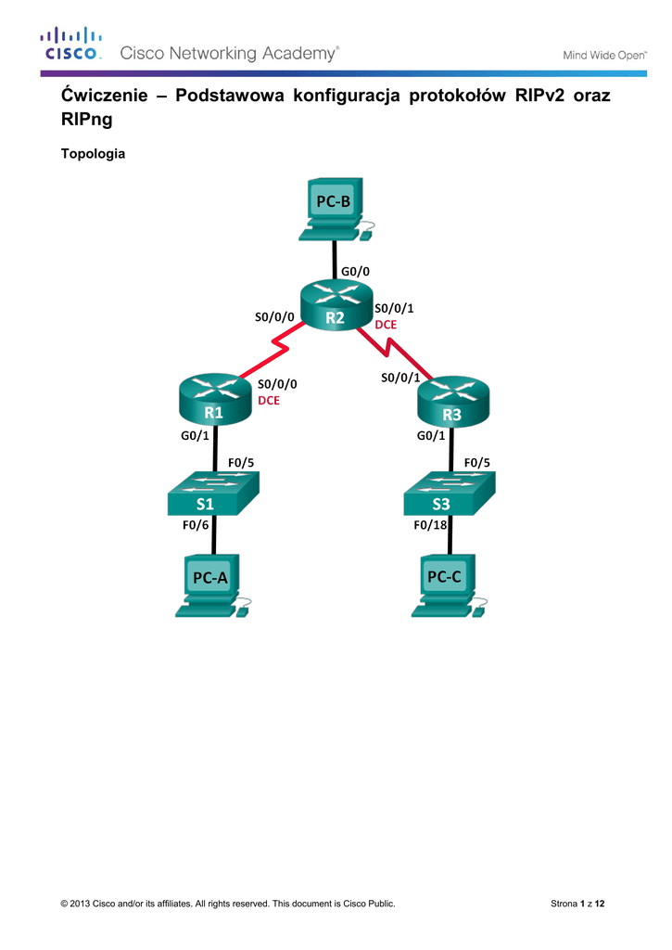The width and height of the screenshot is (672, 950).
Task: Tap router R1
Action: click(x=214, y=400)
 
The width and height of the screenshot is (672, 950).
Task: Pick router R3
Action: click(x=452, y=401)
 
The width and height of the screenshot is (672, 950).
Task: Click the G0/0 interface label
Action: click(x=356, y=271)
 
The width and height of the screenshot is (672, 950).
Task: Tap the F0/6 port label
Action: click(x=196, y=525)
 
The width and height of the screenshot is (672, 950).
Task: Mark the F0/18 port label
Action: click(x=430, y=525)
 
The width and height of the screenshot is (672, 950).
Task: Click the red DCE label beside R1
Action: click(x=269, y=401)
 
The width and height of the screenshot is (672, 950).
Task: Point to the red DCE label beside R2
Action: click(x=386, y=325)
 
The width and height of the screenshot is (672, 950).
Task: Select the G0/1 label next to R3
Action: click(x=431, y=435)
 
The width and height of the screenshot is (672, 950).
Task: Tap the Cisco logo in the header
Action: click(x=71, y=45)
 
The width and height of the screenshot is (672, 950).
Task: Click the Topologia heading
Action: click(x=93, y=154)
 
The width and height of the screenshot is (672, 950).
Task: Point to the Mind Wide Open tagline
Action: click(x=605, y=55)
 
